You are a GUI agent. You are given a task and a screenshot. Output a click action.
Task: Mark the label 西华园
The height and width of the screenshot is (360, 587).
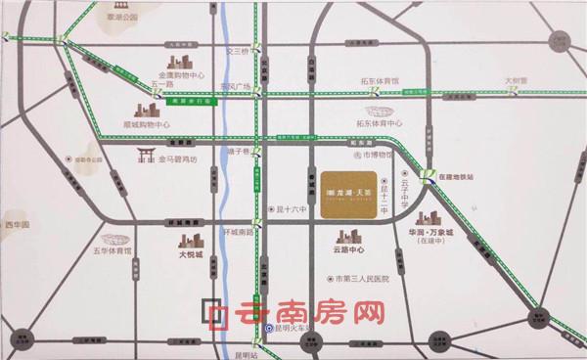coord(17,226)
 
